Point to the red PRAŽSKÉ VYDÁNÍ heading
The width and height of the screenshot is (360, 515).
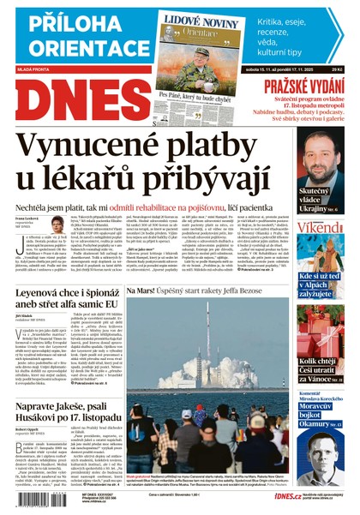pyautogui.click(x=303, y=85)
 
